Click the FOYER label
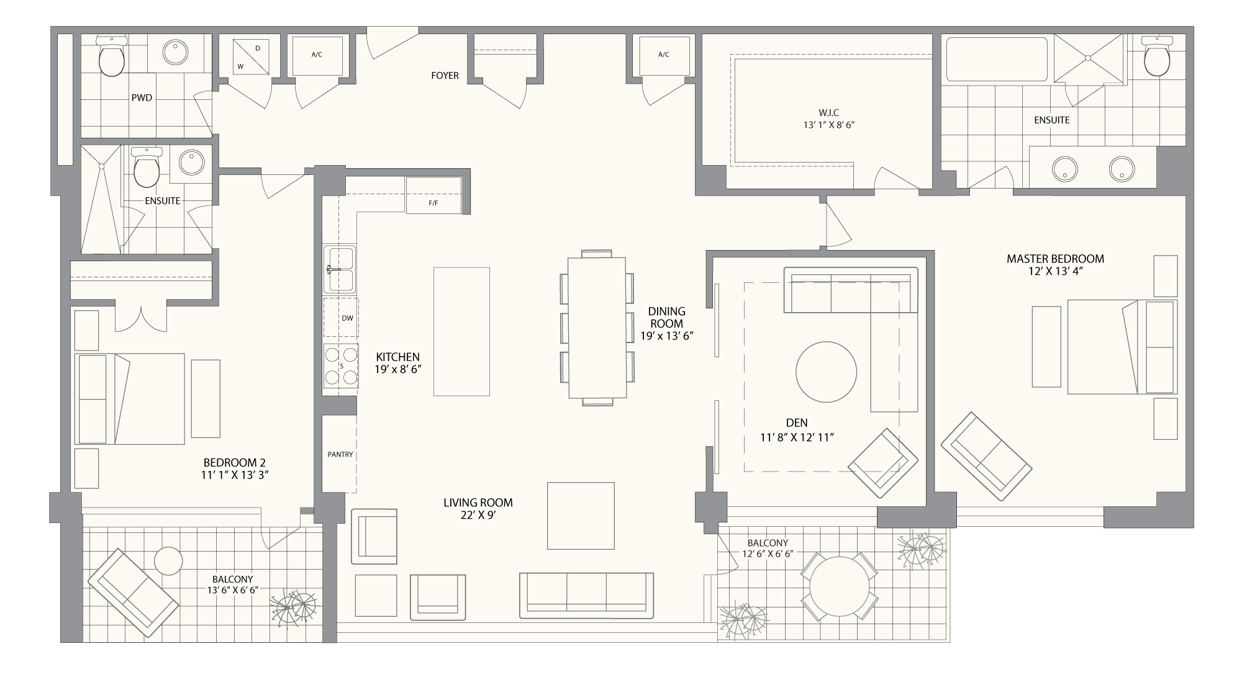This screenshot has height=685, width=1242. pyautogui.click(x=445, y=76)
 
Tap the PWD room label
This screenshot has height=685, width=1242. pyautogui.click(x=142, y=98)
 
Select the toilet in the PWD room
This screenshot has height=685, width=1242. pyautogui.click(x=112, y=56)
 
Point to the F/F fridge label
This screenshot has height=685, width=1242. pyautogui.click(x=433, y=203)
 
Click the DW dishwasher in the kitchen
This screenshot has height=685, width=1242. pyautogui.click(x=340, y=318)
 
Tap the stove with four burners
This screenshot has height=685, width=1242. pyautogui.click(x=340, y=367)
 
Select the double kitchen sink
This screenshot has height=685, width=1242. pyautogui.click(x=339, y=269)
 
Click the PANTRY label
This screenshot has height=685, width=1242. pyautogui.click(x=340, y=455)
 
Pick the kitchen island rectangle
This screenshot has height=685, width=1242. pyautogui.click(x=461, y=331)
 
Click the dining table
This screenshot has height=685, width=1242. pyautogui.click(x=597, y=328)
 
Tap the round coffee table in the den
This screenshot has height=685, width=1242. pyautogui.click(x=826, y=372)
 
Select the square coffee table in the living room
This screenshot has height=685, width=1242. pyautogui.click(x=581, y=516)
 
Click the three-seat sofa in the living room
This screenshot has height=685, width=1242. pyautogui.click(x=586, y=595)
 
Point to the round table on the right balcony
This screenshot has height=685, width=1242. pyautogui.click(x=840, y=588)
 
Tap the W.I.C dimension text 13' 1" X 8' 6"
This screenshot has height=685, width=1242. pyautogui.click(x=829, y=125)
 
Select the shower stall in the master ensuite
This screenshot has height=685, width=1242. pyautogui.click(x=1088, y=59)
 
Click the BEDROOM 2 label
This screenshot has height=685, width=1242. pyautogui.click(x=235, y=463)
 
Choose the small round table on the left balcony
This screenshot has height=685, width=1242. pyautogui.click(x=168, y=562)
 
